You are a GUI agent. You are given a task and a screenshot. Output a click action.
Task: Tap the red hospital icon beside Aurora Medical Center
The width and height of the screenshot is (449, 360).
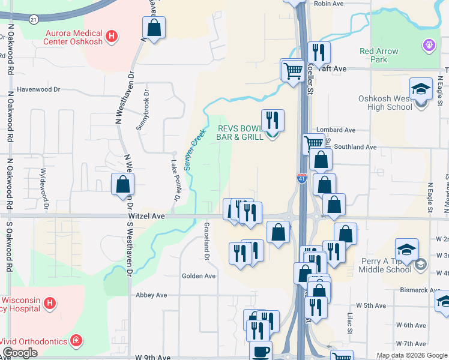click(x=111, y=37)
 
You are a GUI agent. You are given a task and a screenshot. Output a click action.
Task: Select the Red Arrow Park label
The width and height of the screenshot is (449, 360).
click(x=379, y=55)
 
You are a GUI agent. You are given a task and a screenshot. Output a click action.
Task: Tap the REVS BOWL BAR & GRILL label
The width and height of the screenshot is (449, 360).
click(x=240, y=133)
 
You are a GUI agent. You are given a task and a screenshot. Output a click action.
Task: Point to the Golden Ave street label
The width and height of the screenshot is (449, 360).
click(x=199, y=276)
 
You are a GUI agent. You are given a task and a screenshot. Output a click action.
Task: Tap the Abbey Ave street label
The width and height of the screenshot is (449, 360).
click(x=151, y=295)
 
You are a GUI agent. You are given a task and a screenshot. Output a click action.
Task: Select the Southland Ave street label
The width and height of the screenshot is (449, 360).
click(x=355, y=146)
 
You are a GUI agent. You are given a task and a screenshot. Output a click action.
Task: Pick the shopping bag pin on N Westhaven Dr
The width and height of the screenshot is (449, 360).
click(x=122, y=183)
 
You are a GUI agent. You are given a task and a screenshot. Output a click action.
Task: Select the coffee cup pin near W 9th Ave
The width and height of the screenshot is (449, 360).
click(x=260, y=351)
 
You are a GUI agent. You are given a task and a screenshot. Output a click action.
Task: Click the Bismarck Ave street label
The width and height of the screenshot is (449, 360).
click(x=420, y=290)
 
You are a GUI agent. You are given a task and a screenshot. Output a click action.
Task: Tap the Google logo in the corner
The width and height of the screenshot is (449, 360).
click(x=20, y=353)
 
